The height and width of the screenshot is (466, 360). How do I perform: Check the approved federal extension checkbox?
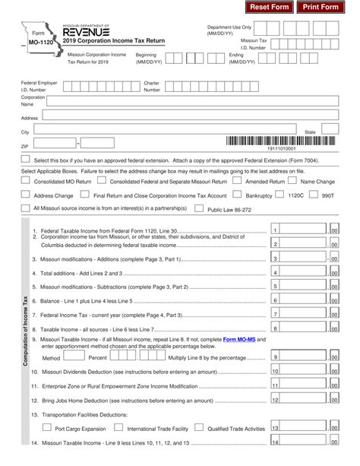[x=27, y=159]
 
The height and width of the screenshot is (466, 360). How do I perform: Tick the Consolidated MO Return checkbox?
[x=27, y=182]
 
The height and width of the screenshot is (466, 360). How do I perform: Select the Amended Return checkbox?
[x=238, y=182]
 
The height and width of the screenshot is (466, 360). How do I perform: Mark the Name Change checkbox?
[x=293, y=182]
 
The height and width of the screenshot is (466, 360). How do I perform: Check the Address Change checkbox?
[x=27, y=195]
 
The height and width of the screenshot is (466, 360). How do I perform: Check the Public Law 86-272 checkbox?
[x=200, y=208]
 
